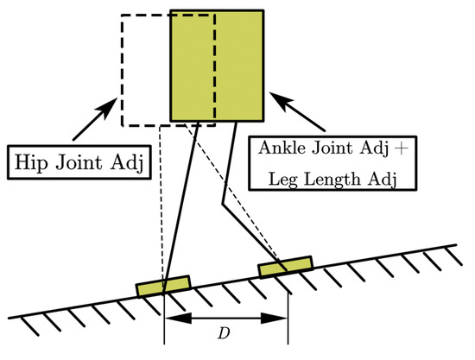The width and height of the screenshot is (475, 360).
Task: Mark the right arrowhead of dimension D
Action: point(282,319)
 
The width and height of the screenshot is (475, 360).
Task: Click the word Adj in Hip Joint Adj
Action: point(129,161)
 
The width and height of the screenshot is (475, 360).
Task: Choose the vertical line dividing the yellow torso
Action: point(215,65)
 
